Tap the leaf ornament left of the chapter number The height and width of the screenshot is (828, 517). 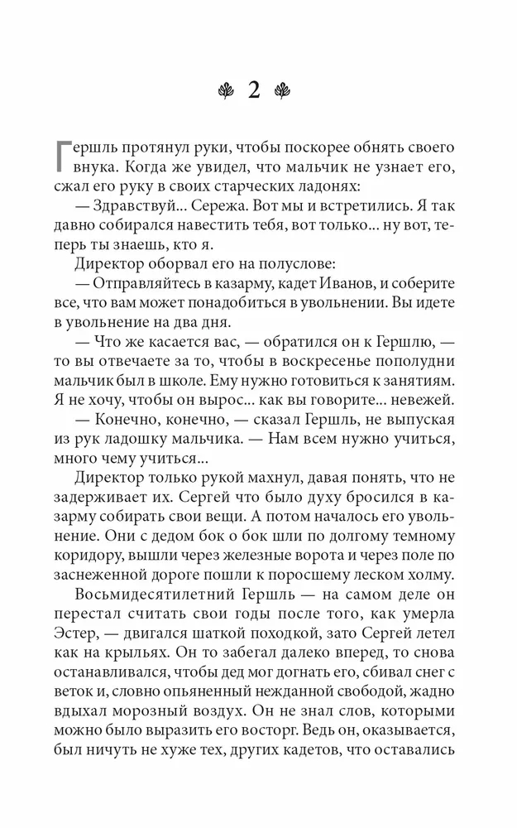pyautogui.click(x=224, y=90)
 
